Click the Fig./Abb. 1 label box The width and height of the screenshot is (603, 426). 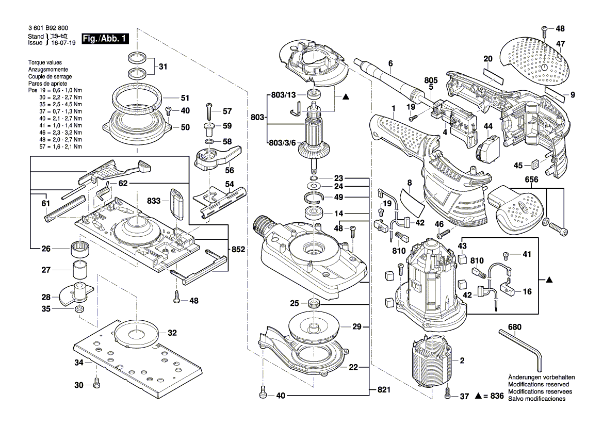(x=105, y=39)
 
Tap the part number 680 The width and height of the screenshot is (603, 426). (x=514, y=327)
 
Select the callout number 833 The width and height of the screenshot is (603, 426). (x=154, y=201)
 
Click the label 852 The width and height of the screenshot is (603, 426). (x=238, y=249)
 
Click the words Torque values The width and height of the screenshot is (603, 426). (x=45, y=62)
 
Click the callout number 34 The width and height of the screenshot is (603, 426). (x=78, y=363)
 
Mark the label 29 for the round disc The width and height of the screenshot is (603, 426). (x=357, y=327)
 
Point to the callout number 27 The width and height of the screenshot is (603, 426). (x=46, y=270)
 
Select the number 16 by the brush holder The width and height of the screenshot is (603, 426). (x=527, y=291)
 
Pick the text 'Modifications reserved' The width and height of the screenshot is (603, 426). (x=539, y=385)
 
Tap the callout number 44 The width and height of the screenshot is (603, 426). (x=488, y=126)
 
